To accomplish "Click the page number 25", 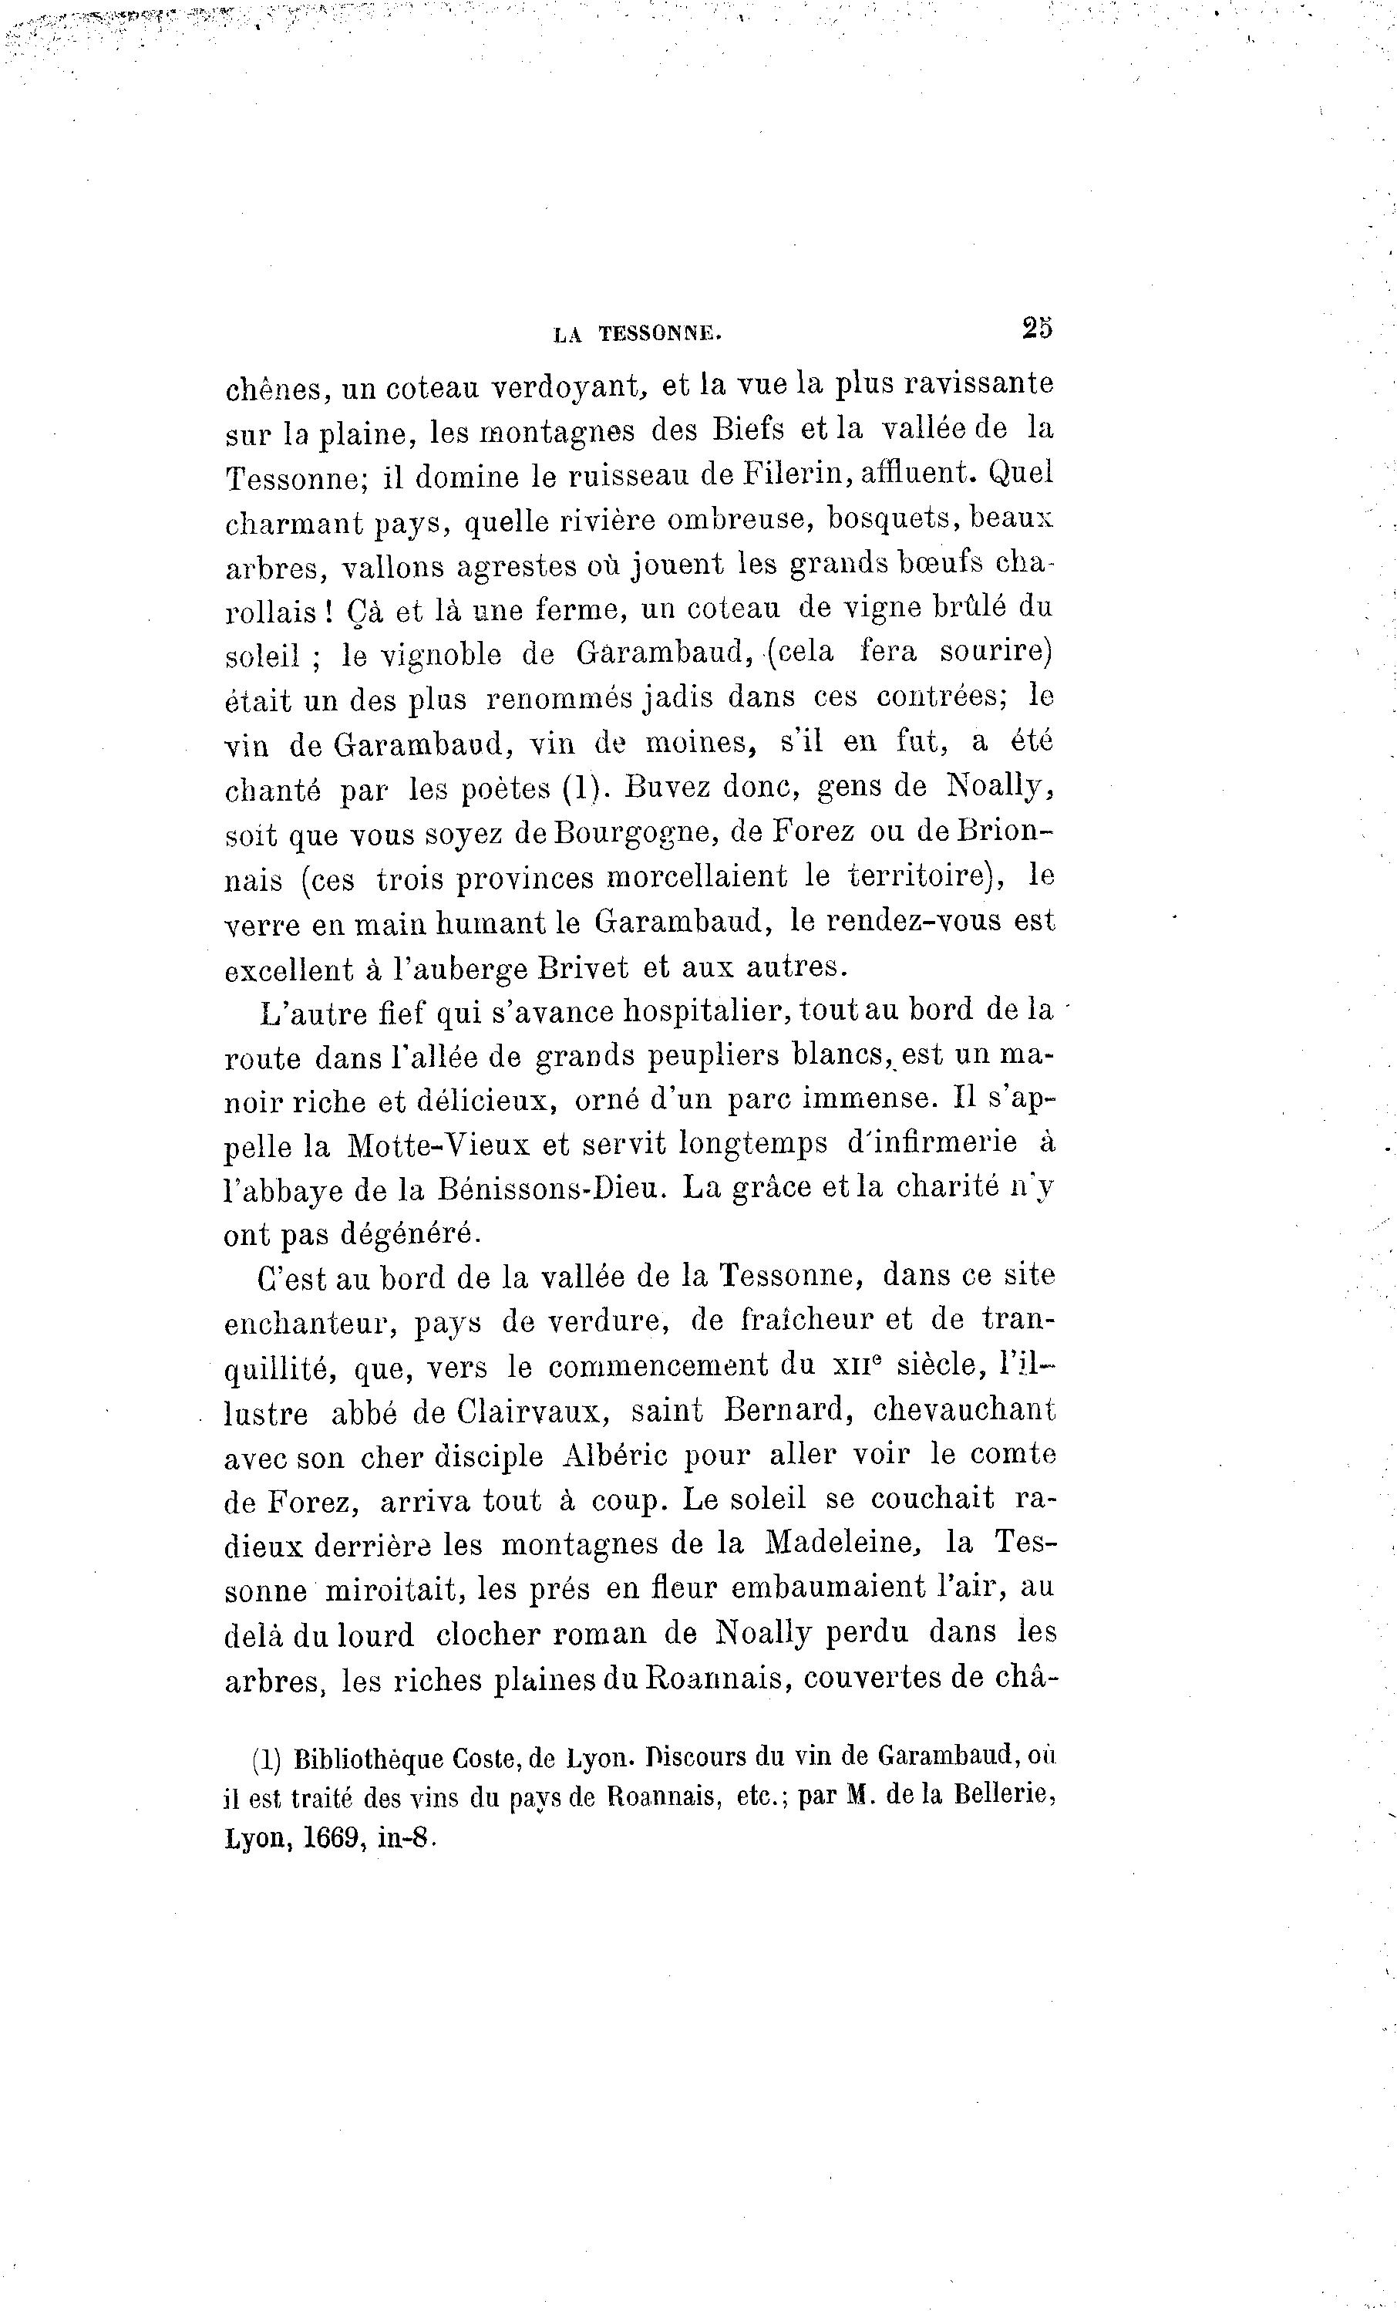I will point(1038,329).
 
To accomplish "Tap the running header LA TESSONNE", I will point(638,334).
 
